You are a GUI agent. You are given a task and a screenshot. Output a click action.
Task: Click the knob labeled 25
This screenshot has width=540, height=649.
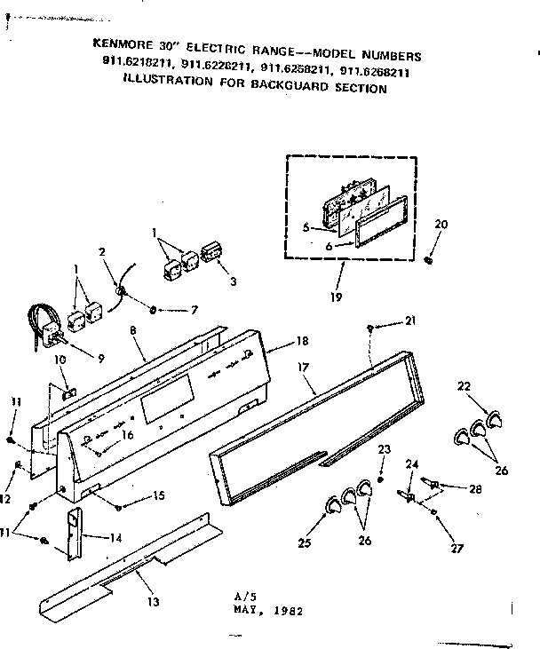point(333,504)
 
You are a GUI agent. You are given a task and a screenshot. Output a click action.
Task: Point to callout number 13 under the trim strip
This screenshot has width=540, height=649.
point(154,602)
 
